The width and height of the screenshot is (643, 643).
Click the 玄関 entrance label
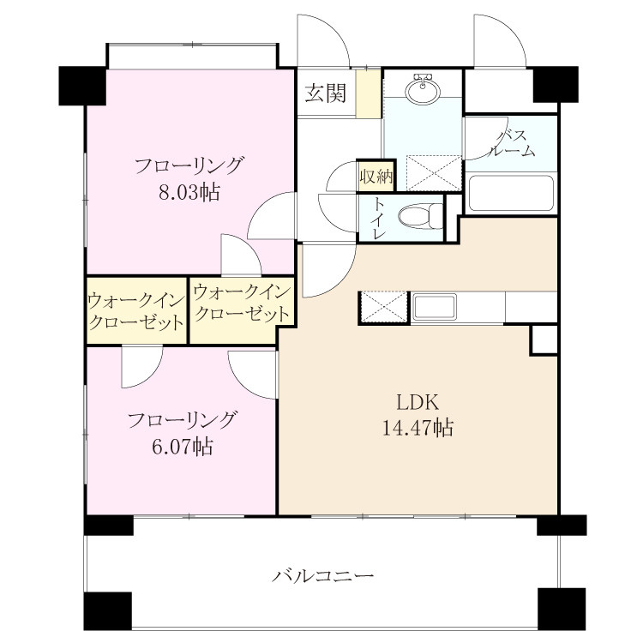pos(326,93)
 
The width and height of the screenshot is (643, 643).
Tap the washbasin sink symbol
pos(423,88)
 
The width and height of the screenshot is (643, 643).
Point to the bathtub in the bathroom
pos(511,193)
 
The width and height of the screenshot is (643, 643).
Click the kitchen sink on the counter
pos(435,307)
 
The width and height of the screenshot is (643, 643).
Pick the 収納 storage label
pos(376,177)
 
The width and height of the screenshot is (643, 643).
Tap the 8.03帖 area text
pos(189,192)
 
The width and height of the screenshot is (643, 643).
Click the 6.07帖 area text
pos(182,446)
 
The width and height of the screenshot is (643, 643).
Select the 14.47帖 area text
pos(418,428)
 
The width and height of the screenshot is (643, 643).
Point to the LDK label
pos(418,403)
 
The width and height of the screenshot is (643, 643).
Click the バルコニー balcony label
pos(322,576)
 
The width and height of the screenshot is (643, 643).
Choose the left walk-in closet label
pos(135,312)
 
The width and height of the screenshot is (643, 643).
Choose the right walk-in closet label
pos(242,303)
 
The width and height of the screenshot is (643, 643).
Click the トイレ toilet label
pos(378,218)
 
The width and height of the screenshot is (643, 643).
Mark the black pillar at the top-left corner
pos(82,85)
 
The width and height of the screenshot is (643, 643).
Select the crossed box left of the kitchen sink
pos(384,308)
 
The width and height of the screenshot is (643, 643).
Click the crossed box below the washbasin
pos(434,172)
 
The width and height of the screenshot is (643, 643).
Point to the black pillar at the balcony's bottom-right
pos(562,609)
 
